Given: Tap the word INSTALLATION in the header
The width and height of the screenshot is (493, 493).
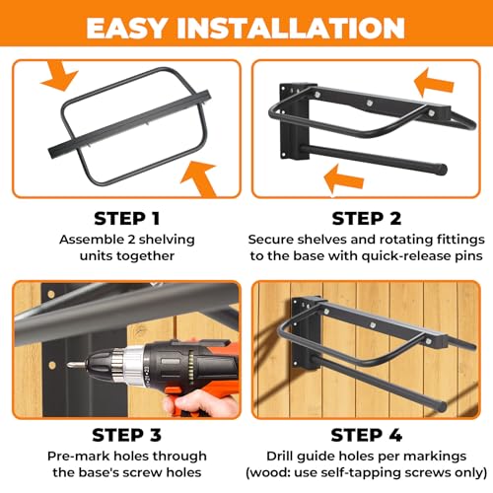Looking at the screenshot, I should coord(301,27).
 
